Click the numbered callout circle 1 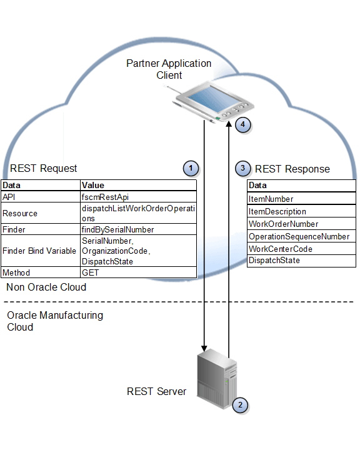pos(191,167)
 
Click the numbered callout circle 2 pos(239,405)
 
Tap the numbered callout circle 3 pos(244,168)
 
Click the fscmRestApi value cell pos(105,197)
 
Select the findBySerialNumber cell pos(117,229)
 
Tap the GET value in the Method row pos(91,272)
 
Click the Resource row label pos(20,213)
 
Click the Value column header pos(93,185)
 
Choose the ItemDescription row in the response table pos(277,211)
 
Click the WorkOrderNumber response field pos(283,224)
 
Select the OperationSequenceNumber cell pos(299,236)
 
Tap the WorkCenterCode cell pos(280,249)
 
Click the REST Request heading pos(44,168)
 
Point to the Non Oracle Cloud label pos(46,287)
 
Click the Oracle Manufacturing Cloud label pos(55,321)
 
